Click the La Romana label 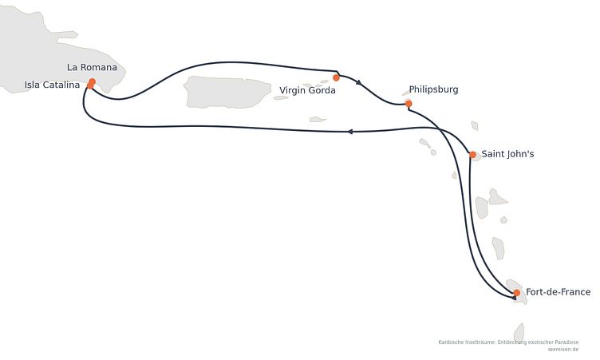click(x=92, y=67)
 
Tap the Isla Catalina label click(x=52, y=85)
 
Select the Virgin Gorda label click(x=307, y=90)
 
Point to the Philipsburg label click(x=433, y=89)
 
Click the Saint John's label click(x=507, y=154)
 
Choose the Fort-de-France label click(x=558, y=292)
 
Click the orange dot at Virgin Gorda click(x=336, y=77)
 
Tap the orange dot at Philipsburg click(x=409, y=104)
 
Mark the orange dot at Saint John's click(x=472, y=155)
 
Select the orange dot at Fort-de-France click(x=516, y=293)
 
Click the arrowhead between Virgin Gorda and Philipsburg click(x=358, y=82)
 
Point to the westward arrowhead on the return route click(x=349, y=132)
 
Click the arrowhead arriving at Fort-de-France click(x=515, y=297)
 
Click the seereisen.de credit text click(x=562, y=350)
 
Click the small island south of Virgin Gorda click(x=318, y=120)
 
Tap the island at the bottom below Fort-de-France click(x=519, y=332)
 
